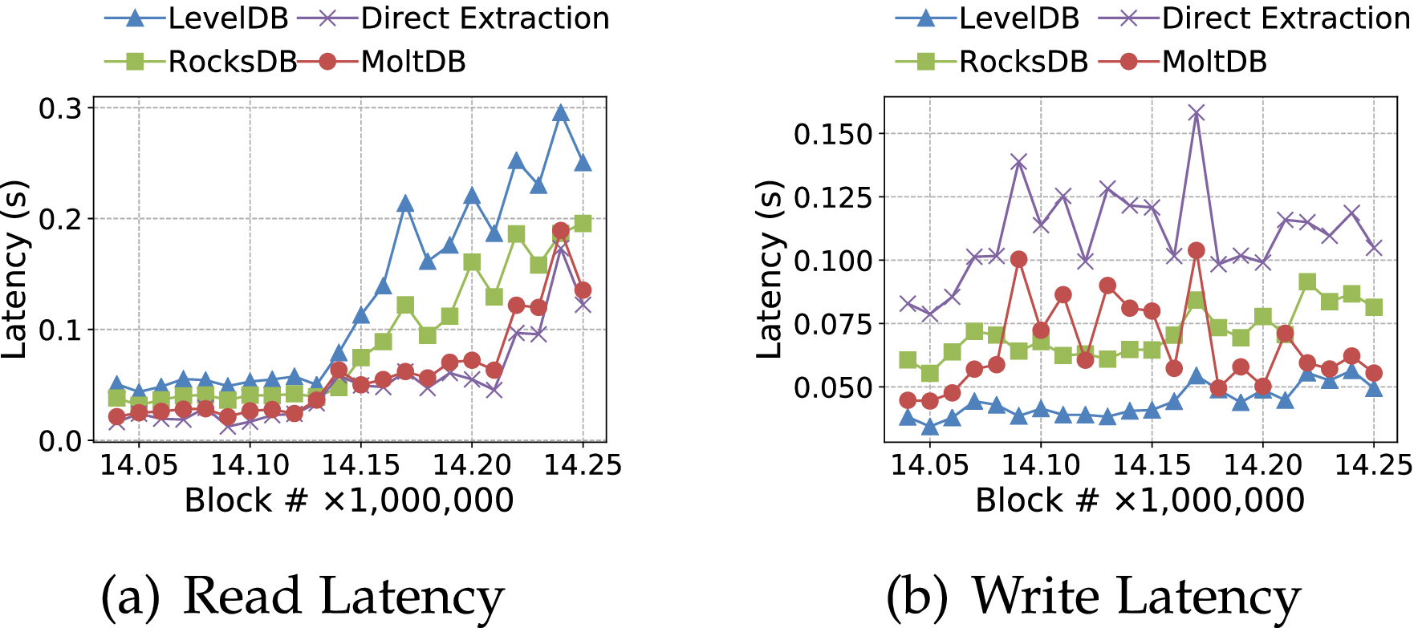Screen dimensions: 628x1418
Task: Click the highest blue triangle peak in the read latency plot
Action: click(x=561, y=113)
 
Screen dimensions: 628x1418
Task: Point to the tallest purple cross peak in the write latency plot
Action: click(x=1197, y=113)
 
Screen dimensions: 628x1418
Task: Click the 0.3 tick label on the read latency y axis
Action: click(x=60, y=108)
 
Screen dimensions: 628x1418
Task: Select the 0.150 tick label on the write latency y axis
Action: click(x=832, y=134)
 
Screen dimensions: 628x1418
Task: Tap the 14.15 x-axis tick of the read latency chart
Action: click(x=360, y=464)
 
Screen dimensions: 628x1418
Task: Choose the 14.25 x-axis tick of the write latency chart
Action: click(x=1373, y=464)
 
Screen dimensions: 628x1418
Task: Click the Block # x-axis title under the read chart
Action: click(x=349, y=500)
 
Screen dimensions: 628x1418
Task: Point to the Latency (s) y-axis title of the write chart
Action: click(x=770, y=269)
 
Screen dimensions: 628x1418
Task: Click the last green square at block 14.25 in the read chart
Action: click(x=583, y=224)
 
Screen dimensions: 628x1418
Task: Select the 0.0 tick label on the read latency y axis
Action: click(x=60, y=441)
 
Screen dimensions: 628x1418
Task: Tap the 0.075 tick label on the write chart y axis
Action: click(x=832, y=324)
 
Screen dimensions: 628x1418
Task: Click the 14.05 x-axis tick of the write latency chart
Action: click(x=930, y=464)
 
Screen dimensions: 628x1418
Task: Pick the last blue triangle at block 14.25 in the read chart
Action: click(x=583, y=163)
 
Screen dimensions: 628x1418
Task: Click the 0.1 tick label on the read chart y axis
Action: click(x=60, y=330)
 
